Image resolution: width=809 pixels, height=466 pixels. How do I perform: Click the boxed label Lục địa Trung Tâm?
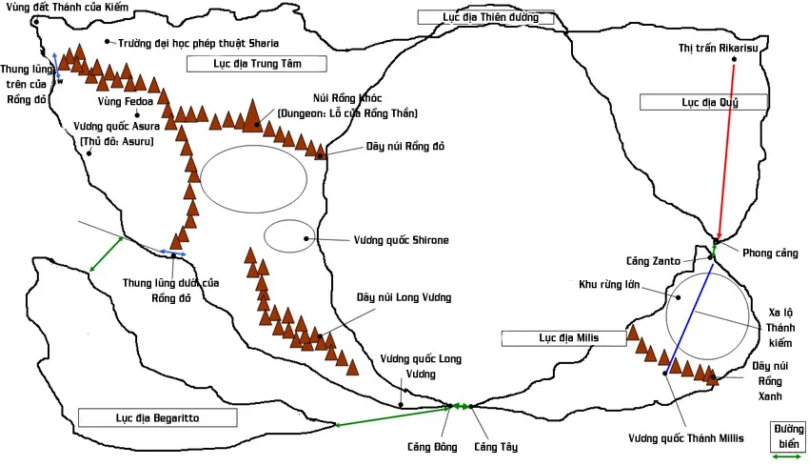tap(257, 64)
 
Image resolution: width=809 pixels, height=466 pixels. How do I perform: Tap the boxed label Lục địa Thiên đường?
tap(491, 17)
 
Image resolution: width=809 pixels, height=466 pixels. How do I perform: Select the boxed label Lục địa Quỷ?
tap(703, 102)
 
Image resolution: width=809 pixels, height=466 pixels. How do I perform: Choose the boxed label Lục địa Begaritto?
tap(156, 417)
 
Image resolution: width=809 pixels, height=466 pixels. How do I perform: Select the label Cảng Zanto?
tap(651, 260)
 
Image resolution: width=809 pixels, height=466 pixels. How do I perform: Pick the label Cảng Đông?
tap(433, 447)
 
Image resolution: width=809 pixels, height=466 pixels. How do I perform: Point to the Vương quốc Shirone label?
tap(401, 240)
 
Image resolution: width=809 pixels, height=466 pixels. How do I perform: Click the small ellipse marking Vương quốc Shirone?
tap(288, 236)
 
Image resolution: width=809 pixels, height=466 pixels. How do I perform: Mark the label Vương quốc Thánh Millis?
tap(684, 438)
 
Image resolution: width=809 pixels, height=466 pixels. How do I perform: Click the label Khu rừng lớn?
tap(614, 283)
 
